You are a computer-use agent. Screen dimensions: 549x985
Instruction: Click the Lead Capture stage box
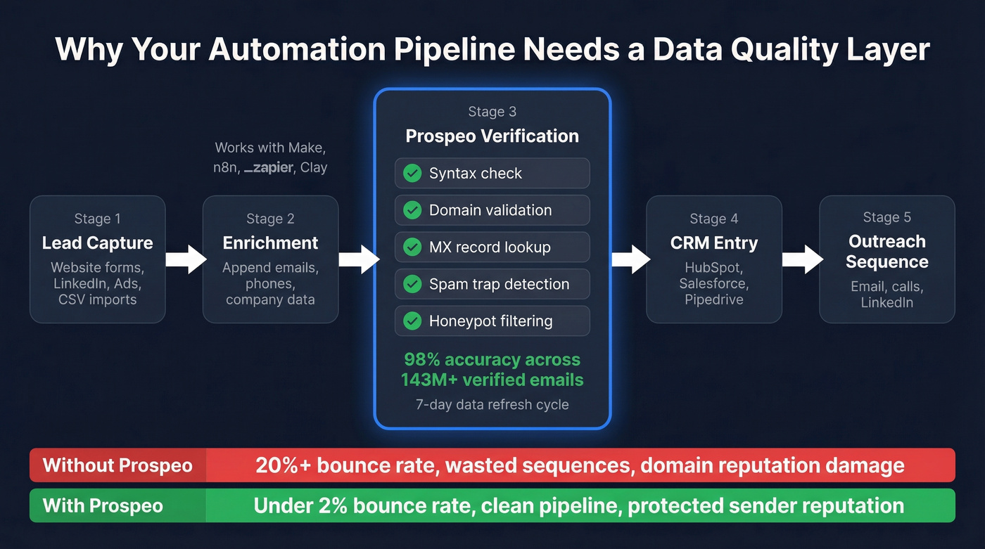click(97, 259)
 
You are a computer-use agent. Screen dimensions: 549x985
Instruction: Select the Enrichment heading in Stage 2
click(270, 243)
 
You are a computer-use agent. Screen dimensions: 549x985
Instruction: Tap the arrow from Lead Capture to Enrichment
click(185, 259)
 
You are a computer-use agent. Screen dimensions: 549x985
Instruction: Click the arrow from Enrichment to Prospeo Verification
click(358, 259)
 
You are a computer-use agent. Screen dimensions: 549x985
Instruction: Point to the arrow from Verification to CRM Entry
click(630, 259)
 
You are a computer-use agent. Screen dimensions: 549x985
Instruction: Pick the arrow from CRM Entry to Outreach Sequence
click(801, 259)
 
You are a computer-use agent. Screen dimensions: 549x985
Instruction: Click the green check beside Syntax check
click(412, 174)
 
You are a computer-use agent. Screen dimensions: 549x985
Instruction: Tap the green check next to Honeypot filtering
click(412, 321)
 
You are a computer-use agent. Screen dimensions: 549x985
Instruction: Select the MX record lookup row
click(492, 247)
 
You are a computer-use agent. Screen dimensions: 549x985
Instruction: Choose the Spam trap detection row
click(492, 284)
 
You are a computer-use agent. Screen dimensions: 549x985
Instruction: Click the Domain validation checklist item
click(492, 210)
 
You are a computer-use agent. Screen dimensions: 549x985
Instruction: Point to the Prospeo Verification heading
click(492, 136)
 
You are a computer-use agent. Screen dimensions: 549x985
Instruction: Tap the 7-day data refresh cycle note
click(492, 405)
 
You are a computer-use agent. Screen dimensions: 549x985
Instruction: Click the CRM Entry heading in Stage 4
click(713, 243)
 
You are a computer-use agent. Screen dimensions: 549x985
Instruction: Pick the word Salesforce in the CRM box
click(713, 284)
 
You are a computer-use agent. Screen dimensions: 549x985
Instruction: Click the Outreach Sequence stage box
click(887, 259)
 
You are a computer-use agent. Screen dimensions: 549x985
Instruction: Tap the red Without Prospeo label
click(117, 465)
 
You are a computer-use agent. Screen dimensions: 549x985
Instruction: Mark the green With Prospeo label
click(103, 505)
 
